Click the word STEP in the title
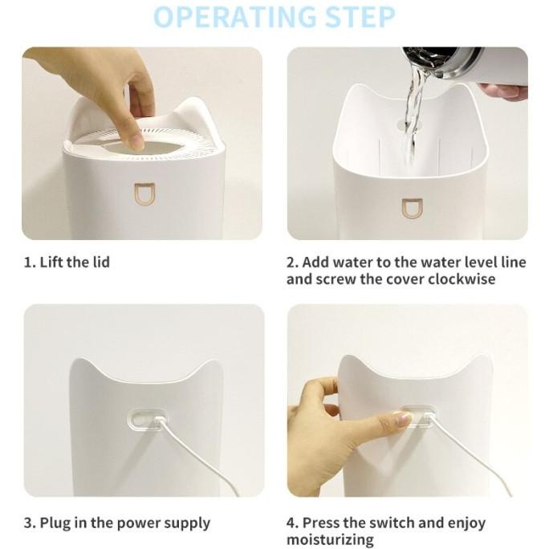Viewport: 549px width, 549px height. coord(360,17)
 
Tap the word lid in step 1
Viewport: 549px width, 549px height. coord(101,262)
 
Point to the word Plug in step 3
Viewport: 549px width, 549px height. coord(55,523)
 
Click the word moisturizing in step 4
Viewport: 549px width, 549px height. coord(330,539)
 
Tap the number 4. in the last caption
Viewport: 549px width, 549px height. coord(292,523)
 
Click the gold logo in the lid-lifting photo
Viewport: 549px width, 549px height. coord(145,194)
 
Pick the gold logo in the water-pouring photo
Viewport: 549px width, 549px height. coord(412,209)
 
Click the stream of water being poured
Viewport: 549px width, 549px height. coord(414,116)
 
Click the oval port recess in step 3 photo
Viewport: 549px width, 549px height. coord(148,417)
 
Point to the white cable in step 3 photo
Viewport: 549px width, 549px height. coord(196,456)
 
